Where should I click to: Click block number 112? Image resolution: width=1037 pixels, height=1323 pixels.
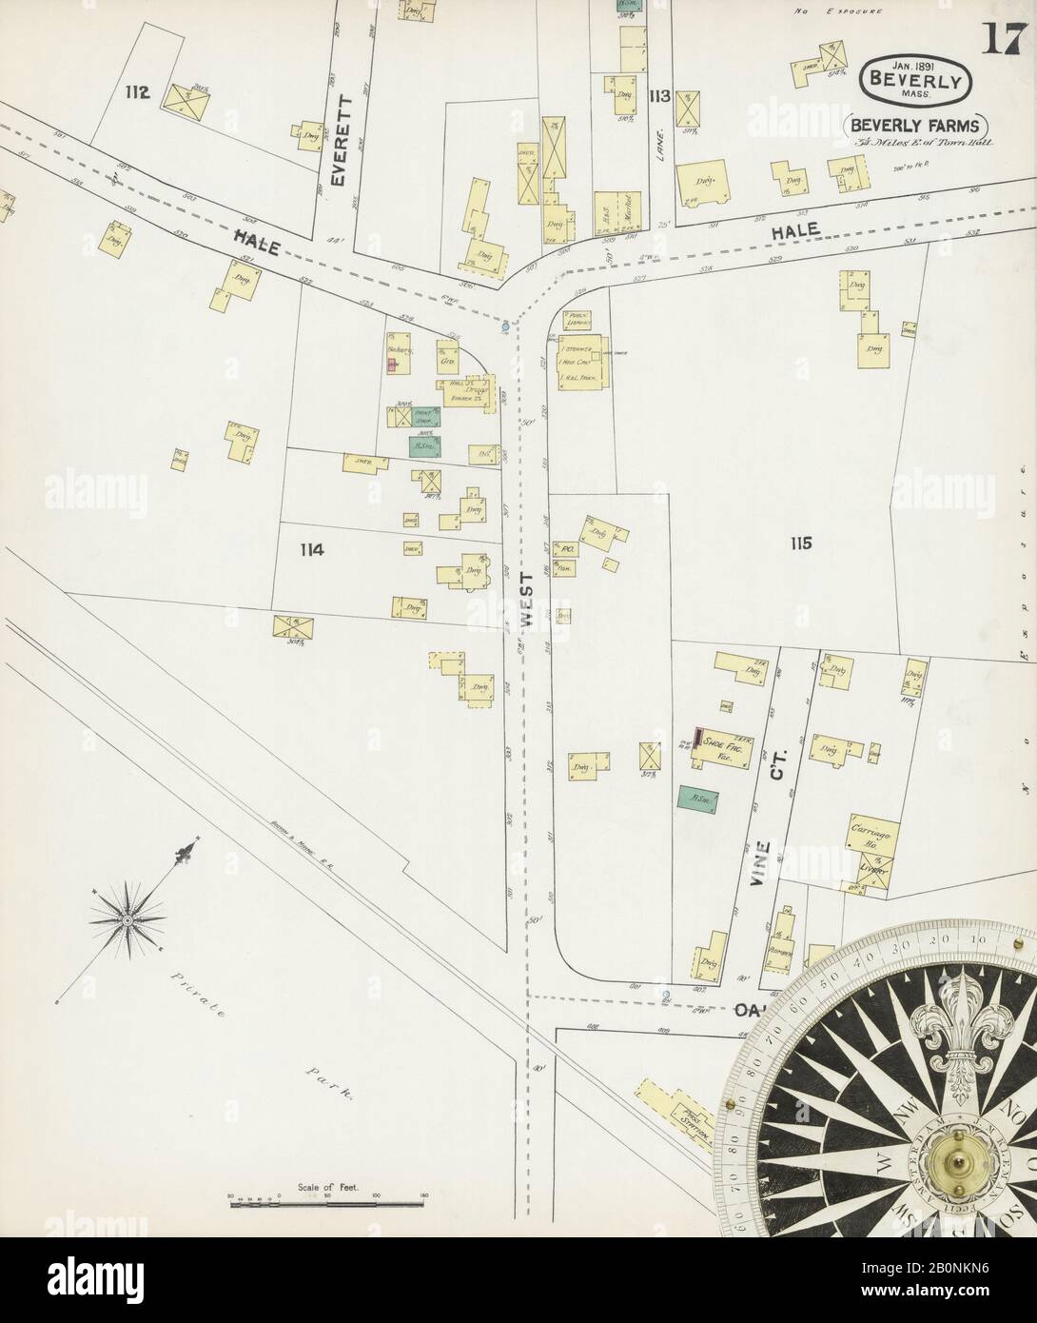point(137,91)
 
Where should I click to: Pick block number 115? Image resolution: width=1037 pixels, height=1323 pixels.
point(799,543)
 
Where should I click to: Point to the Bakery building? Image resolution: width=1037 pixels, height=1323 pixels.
point(399,350)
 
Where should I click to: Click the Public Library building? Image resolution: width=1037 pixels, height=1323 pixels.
point(581,321)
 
